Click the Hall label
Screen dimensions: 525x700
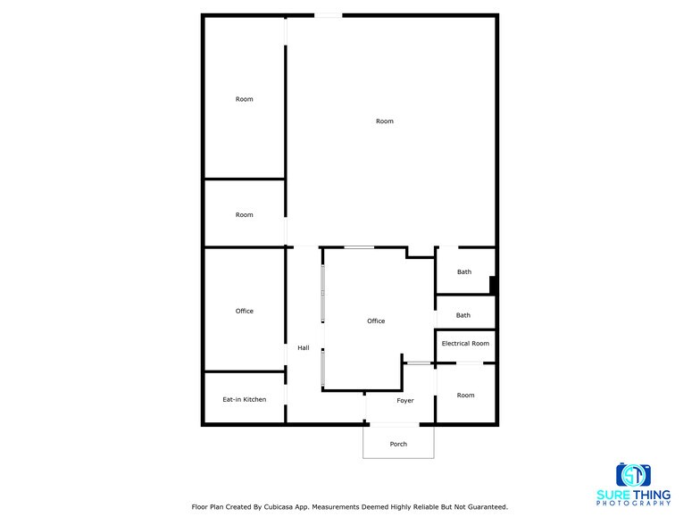304,347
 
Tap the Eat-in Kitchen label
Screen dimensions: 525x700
244,399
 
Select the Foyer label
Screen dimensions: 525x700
405,400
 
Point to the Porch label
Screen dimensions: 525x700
398,444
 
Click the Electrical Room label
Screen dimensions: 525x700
465,344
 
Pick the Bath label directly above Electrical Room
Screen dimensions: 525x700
463,315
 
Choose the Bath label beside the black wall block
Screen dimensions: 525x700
464,272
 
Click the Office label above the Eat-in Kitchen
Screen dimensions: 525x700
244,311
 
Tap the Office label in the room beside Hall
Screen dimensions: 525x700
376,321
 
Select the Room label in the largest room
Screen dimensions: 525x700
384,121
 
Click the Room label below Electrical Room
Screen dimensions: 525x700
465,395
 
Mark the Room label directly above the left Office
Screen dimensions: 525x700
244,214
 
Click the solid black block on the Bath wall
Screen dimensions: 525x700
493,286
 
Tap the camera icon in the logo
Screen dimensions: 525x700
633,474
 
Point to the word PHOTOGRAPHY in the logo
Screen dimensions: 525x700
633,504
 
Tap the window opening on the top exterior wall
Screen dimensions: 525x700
328,15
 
